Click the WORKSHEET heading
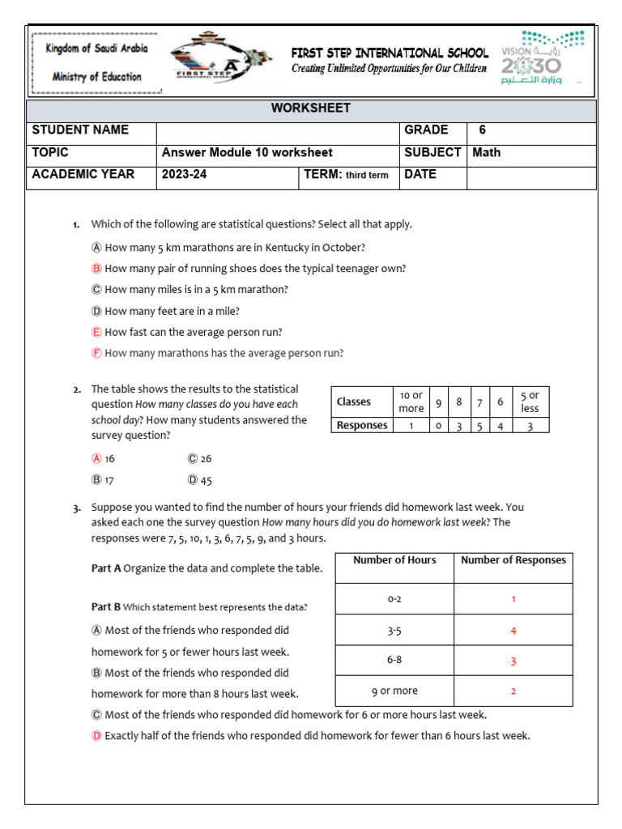pyautogui.click(x=311, y=108)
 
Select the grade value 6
pyautogui.click(x=483, y=130)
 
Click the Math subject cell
pyautogui.click(x=487, y=152)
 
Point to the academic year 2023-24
pyautogui.click(x=185, y=174)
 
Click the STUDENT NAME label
pyautogui.click(x=80, y=130)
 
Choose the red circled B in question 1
pyautogui.click(x=96, y=268)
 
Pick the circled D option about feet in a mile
pyautogui.click(x=96, y=311)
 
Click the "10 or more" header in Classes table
pyautogui.click(x=411, y=402)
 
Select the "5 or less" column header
pyautogui.click(x=530, y=402)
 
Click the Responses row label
pyautogui.click(x=362, y=425)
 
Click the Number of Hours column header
pyautogui.click(x=394, y=560)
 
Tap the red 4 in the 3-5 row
pyautogui.click(x=513, y=631)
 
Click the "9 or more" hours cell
pyautogui.click(x=394, y=691)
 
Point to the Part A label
pyautogui.click(x=106, y=569)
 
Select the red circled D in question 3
pyautogui.click(x=96, y=736)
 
